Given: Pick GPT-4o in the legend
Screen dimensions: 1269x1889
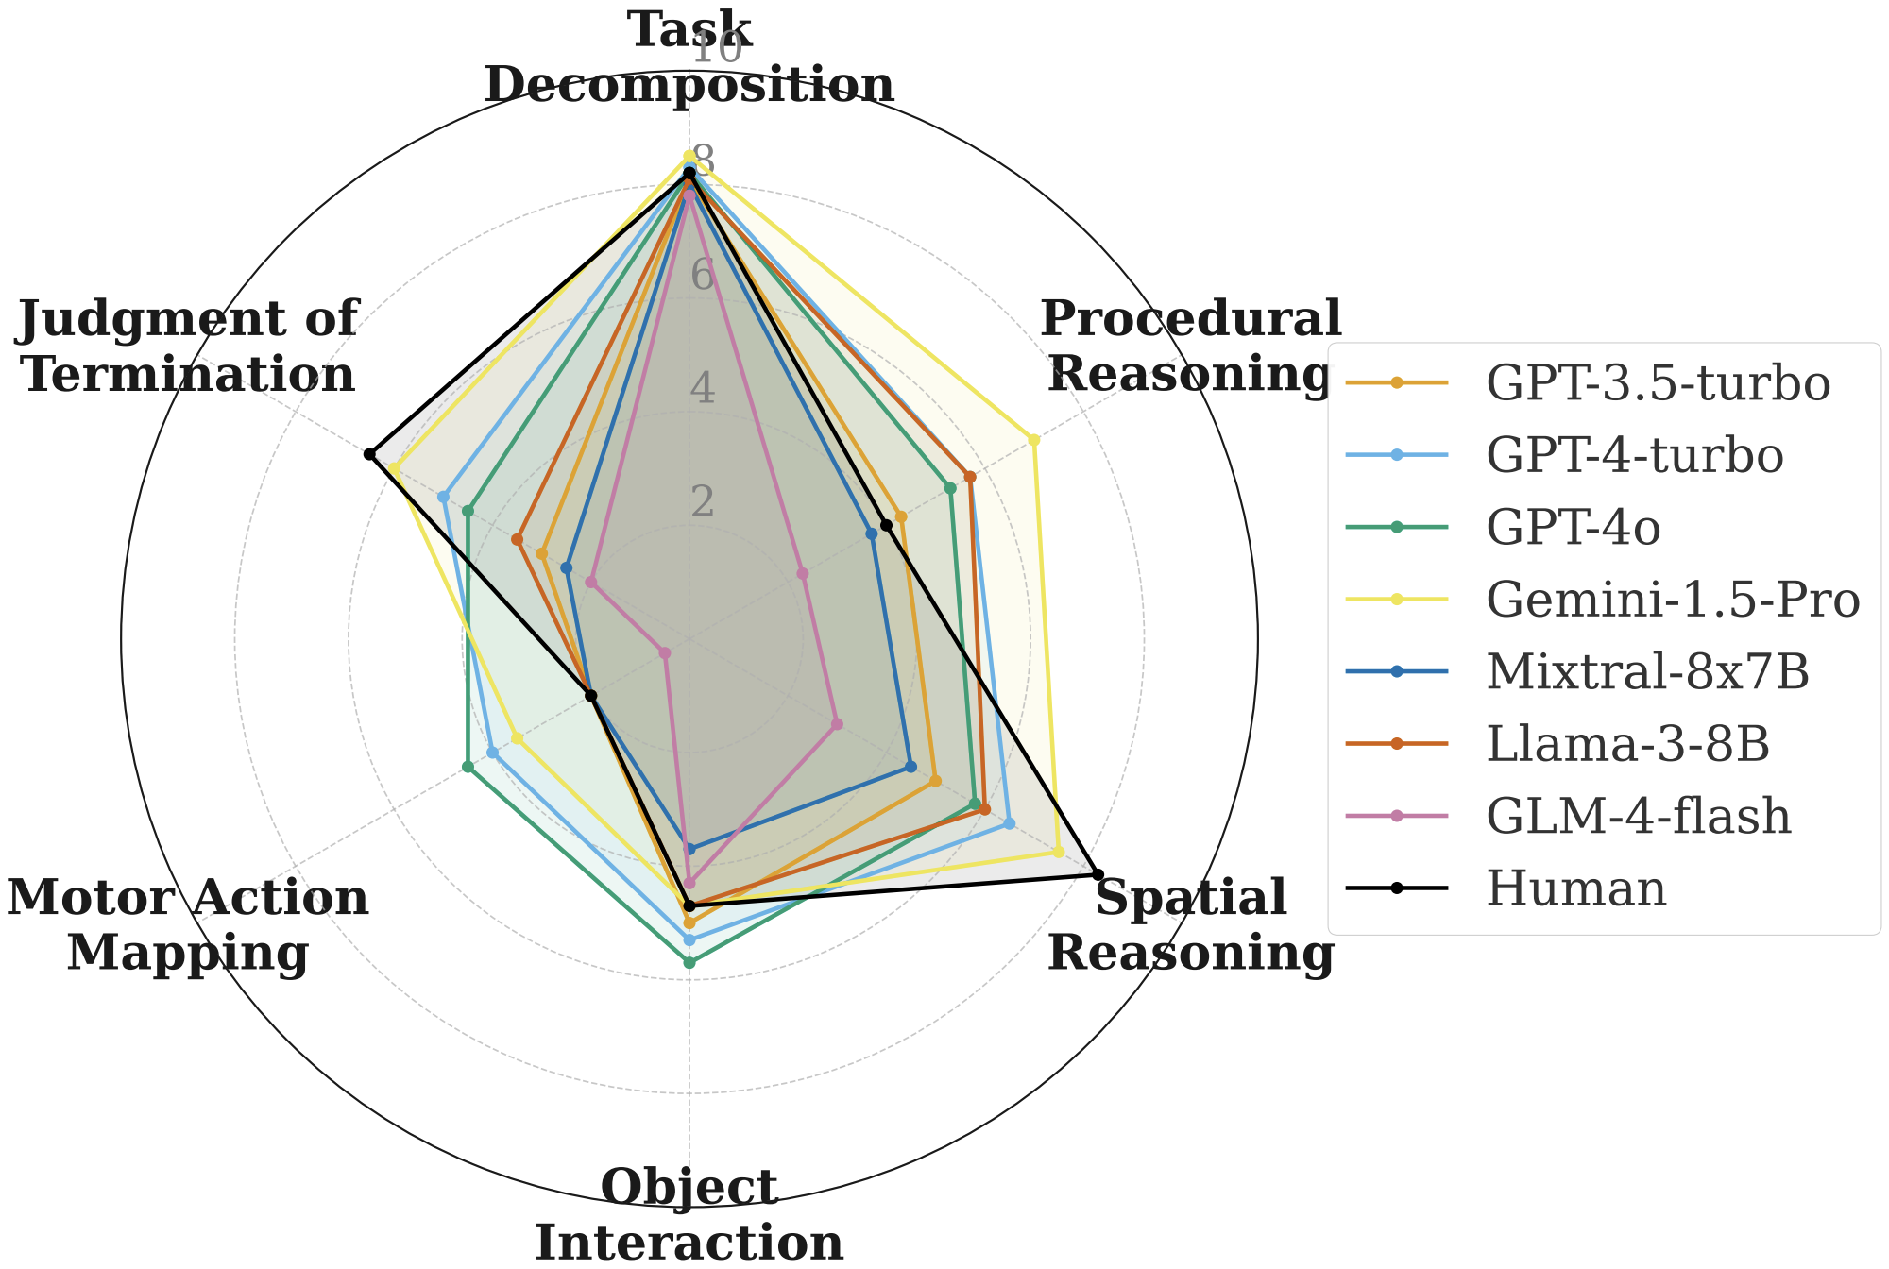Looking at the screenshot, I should (x=1573, y=528).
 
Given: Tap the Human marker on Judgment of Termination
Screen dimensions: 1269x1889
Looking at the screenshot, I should (x=369, y=455).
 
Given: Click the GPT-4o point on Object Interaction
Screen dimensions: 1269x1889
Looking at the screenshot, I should (x=689, y=963).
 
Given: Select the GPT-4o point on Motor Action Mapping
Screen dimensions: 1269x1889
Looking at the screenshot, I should (x=468, y=767).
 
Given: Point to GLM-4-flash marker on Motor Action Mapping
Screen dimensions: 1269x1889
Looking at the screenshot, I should (x=665, y=652).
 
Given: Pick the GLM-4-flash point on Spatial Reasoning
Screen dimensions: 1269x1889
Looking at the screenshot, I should (x=837, y=724).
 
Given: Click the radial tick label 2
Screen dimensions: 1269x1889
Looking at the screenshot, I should (x=703, y=503).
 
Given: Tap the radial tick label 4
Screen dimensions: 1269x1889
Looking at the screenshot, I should (x=703, y=389).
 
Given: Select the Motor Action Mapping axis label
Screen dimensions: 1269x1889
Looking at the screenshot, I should (x=188, y=924).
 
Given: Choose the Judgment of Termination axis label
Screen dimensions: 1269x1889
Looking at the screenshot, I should (x=188, y=347).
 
